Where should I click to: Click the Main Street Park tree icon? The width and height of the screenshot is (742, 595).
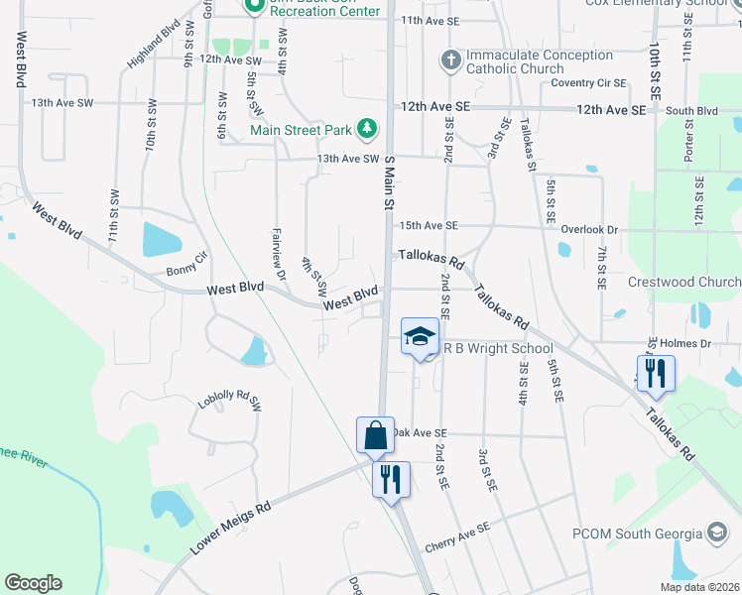tap(367, 128)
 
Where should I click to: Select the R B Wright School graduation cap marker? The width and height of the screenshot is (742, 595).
tap(420, 337)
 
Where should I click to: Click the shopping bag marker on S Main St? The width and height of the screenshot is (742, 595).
tap(376, 435)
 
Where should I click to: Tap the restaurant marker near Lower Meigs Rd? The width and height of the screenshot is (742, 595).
tap(391, 479)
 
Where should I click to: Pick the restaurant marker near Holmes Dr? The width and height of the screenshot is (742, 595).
tap(656, 373)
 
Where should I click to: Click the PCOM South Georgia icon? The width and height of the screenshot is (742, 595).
tap(716, 533)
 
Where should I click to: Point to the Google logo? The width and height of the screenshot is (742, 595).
tap(33, 583)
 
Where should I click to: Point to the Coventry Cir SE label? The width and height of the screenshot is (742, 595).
tap(589, 83)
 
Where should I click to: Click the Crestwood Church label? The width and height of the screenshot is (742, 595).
tap(684, 282)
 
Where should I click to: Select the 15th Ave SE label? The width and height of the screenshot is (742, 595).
tap(429, 226)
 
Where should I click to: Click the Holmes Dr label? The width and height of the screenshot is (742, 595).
tap(691, 343)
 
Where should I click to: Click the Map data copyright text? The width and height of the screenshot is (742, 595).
tap(698, 587)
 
